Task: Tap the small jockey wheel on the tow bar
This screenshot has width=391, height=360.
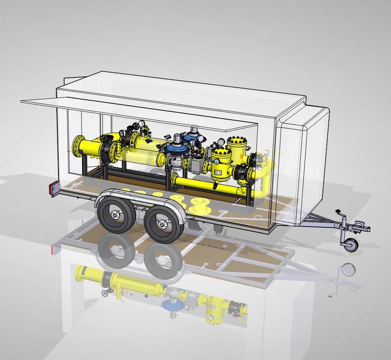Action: point(350,244)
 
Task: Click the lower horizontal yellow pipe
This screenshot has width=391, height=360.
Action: point(205,182)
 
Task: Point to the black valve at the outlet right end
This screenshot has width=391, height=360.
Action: point(243,172)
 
